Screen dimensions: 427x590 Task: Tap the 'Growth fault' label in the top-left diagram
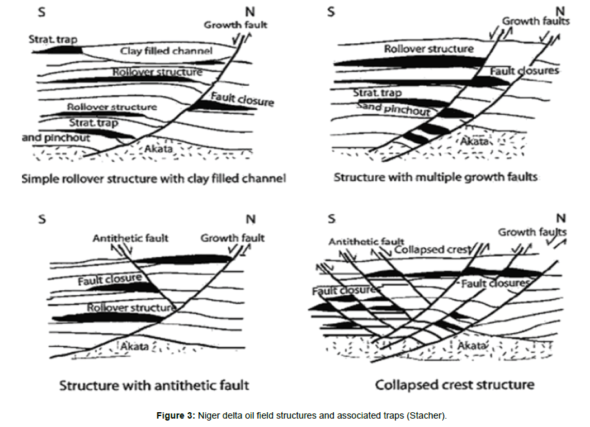236,25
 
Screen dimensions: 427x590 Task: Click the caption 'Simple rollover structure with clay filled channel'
154,178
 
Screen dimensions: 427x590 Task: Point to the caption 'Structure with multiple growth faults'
435,177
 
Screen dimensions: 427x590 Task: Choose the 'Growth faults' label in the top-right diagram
536,21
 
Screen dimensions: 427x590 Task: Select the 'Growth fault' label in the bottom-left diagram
232,238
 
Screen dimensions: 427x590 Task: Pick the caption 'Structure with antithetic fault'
154,386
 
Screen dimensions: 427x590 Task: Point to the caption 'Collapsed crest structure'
454,385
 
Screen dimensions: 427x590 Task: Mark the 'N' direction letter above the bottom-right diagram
560,219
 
